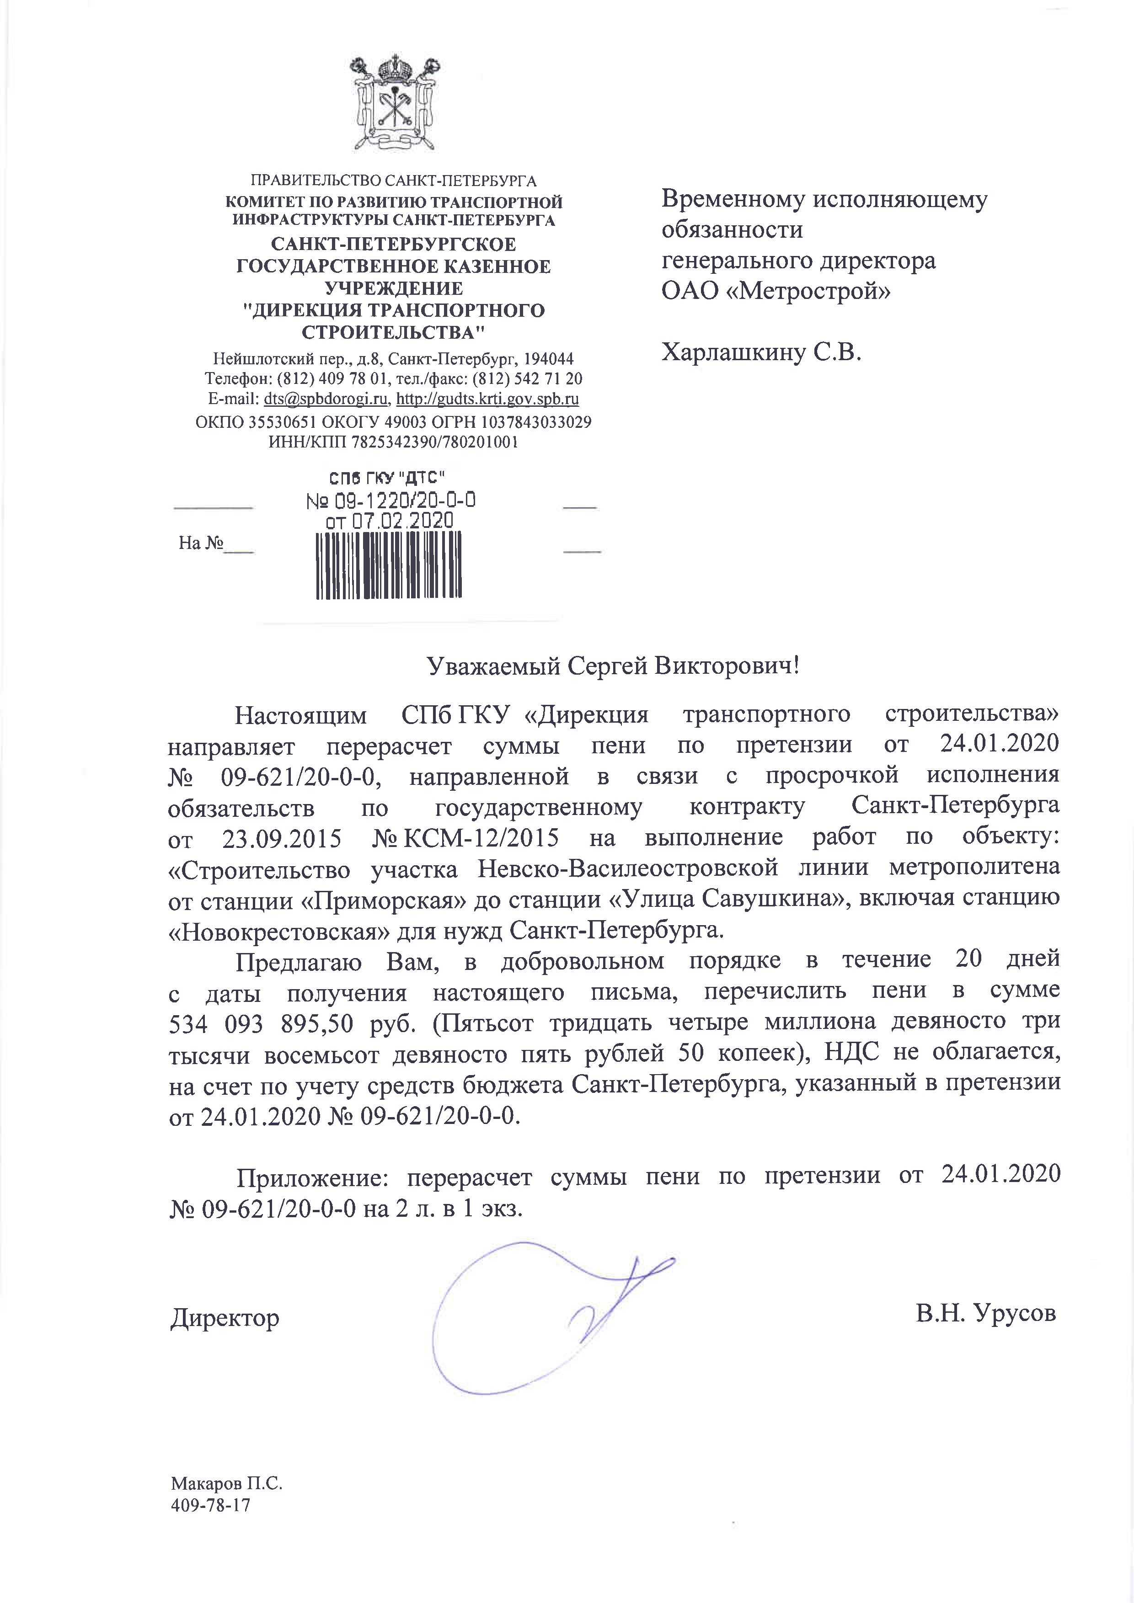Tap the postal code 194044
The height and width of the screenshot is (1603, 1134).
(x=549, y=359)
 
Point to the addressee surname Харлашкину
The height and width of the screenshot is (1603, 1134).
(x=733, y=352)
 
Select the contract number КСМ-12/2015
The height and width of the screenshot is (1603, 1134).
(x=482, y=837)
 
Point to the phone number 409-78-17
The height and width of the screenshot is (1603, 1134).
(x=210, y=1505)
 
